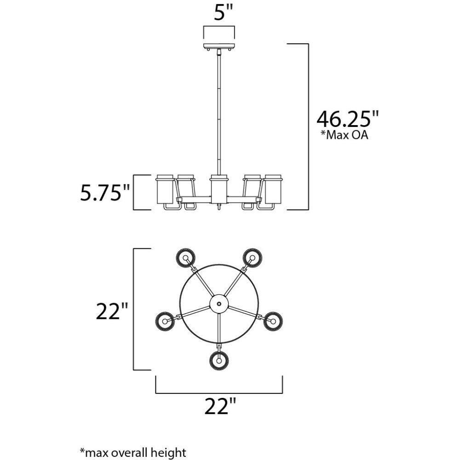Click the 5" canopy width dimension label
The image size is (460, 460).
pos(223,12)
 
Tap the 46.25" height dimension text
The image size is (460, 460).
pos(348,118)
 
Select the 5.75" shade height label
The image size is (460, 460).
pos(105,192)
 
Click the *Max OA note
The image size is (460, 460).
pos(344,135)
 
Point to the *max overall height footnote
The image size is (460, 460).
pos(133,452)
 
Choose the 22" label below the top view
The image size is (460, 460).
pos(220,406)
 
